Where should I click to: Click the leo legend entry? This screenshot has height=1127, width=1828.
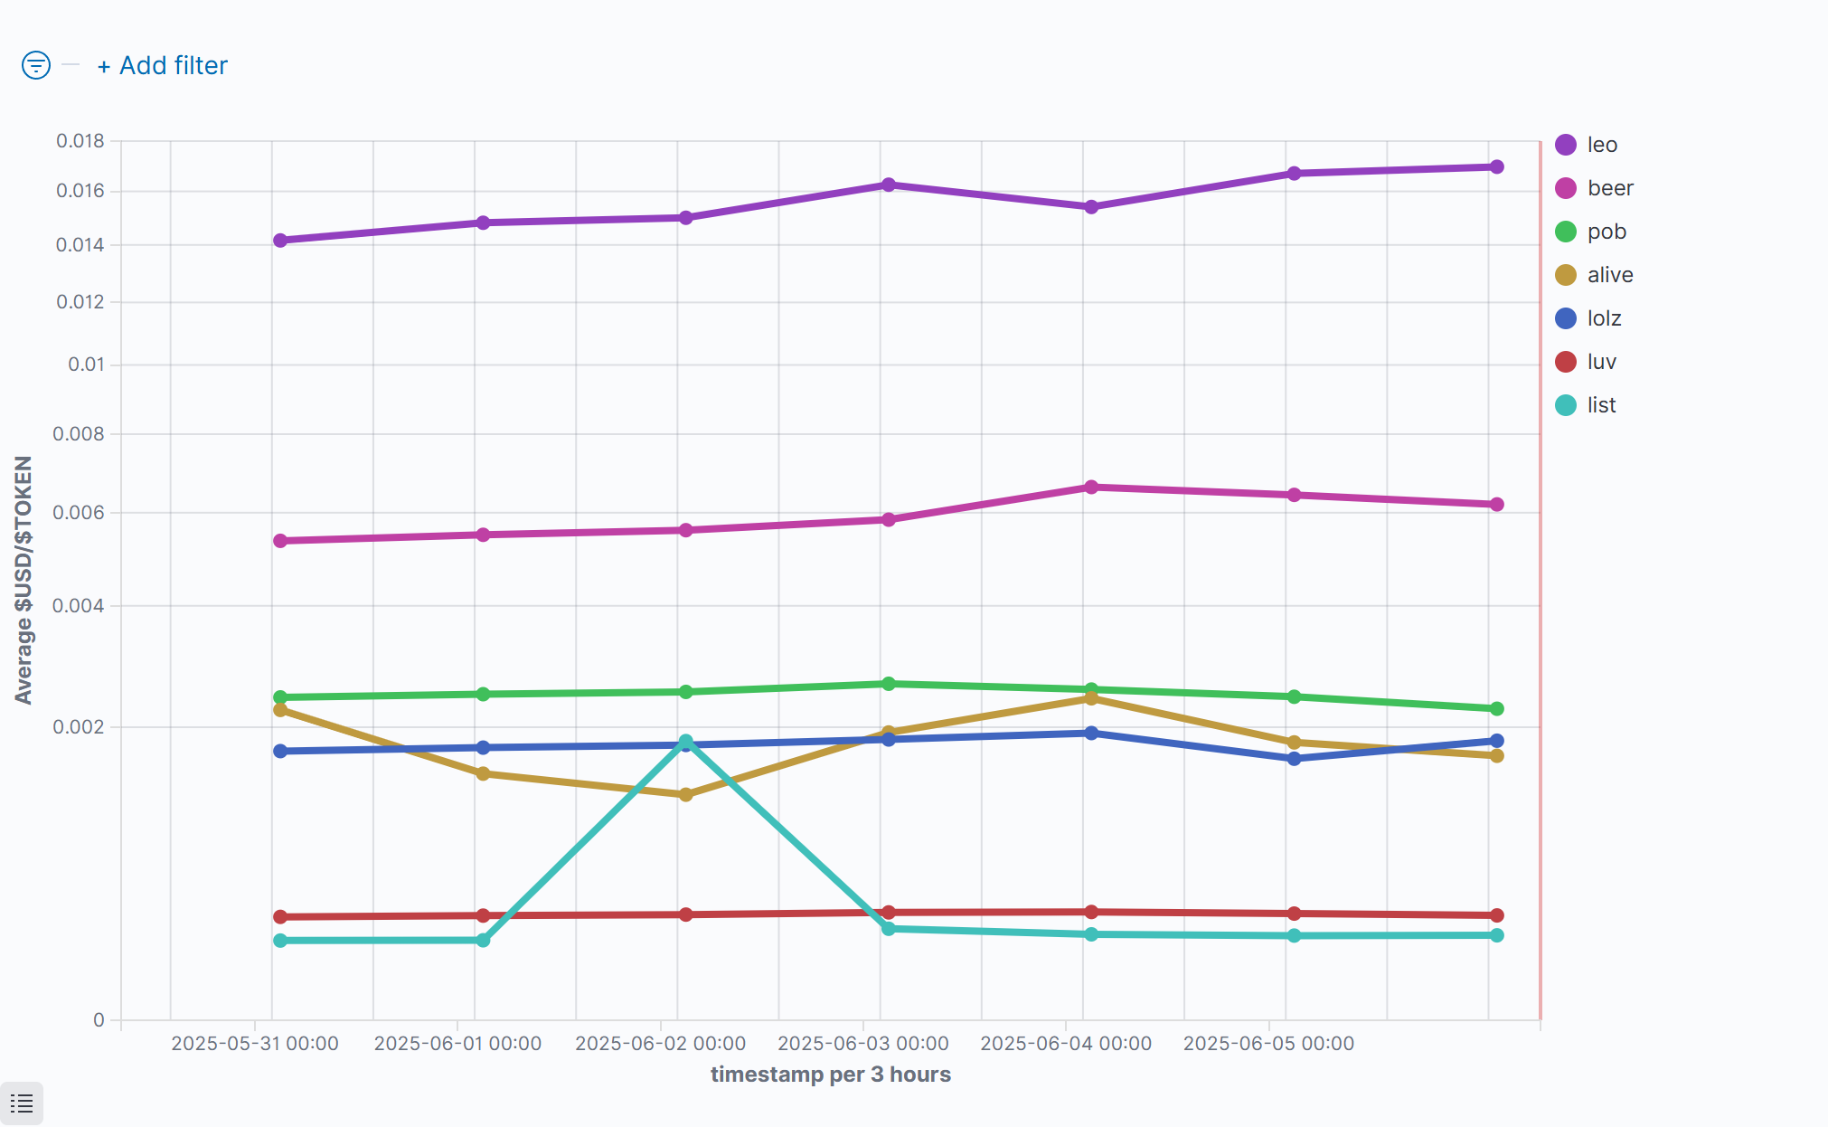pyautogui.click(x=1601, y=145)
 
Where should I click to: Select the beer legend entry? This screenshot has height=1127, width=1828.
pyautogui.click(x=1609, y=188)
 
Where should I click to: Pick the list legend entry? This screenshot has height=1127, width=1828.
pyautogui.click(x=1600, y=405)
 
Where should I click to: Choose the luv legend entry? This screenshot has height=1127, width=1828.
pyautogui.click(x=1600, y=362)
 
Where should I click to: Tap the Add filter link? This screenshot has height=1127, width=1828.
pyautogui.click(x=163, y=66)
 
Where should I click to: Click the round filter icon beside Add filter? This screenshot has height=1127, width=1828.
pyautogui.click(x=36, y=65)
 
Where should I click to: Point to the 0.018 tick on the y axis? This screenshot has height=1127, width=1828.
pyautogui.click(x=80, y=141)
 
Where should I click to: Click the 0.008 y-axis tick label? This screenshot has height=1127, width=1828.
pyautogui.click(x=79, y=434)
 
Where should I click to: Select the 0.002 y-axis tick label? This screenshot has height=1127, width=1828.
pyautogui.click(x=79, y=727)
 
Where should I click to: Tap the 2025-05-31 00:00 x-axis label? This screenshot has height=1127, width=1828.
pyautogui.click(x=255, y=1044)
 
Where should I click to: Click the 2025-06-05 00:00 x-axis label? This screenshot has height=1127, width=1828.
pyautogui.click(x=1268, y=1044)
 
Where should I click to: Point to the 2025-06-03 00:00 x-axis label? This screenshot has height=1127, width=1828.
pyautogui.click(x=863, y=1044)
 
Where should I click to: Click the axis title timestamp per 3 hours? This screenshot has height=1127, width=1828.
pyautogui.click(x=831, y=1075)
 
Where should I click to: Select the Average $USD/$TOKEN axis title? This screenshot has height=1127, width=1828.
pyautogui.click(x=24, y=580)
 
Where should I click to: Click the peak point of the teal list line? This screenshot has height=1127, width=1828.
pyautogui.click(x=686, y=742)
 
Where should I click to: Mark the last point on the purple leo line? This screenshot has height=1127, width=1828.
pyautogui.click(x=1497, y=167)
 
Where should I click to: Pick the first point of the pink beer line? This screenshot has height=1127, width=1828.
pyautogui.click(x=280, y=541)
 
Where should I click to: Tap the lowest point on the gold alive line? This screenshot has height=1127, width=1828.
pyautogui.click(x=686, y=795)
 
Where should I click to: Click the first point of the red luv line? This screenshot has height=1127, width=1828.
pyautogui.click(x=280, y=917)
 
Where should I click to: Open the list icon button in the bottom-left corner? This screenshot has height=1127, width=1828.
pyautogui.click(x=22, y=1103)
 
